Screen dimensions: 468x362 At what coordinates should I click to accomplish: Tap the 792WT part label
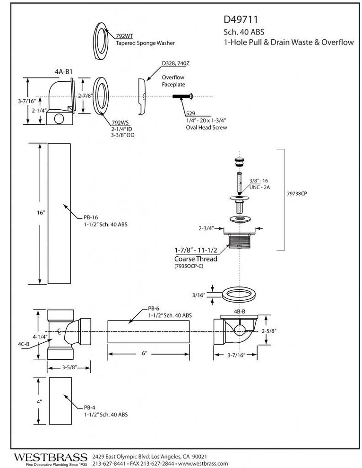pos(124,35)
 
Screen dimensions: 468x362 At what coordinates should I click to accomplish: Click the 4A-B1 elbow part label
pos(63,71)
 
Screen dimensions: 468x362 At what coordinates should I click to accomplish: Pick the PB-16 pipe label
pos(91,217)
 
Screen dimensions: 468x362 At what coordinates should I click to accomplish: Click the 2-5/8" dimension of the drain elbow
pos(268,331)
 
